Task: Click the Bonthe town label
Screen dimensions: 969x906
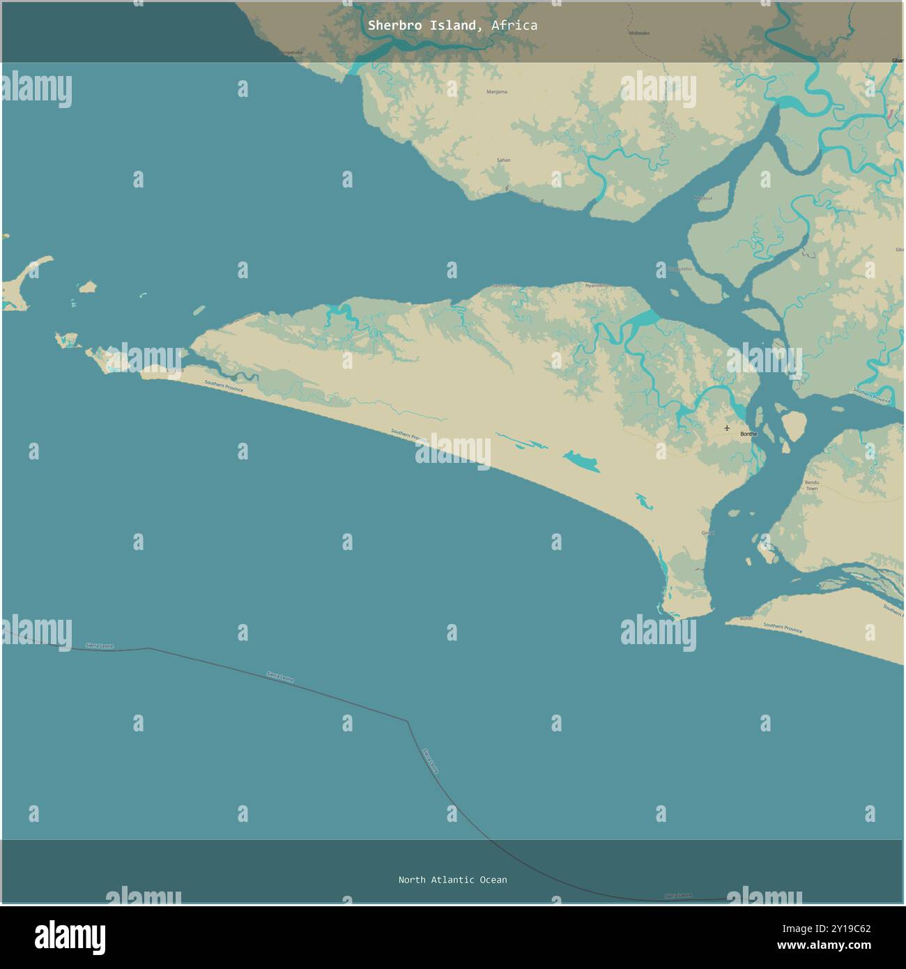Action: coord(748,434)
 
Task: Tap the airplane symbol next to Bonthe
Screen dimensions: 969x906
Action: coord(728,428)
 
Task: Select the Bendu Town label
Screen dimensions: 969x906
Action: coord(812,485)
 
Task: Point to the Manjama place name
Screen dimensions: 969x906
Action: coord(497,92)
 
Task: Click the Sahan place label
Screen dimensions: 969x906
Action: coord(503,160)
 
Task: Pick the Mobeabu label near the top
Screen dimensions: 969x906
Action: coord(639,33)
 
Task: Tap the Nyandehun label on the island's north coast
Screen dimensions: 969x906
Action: coord(598,285)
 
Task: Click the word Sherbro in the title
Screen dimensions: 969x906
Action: coord(393,26)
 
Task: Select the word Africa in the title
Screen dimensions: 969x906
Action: coord(514,26)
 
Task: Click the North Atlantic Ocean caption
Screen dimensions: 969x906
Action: coord(452,880)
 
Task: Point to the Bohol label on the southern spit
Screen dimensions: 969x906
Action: coord(746,618)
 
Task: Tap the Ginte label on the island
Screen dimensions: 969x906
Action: coord(708,533)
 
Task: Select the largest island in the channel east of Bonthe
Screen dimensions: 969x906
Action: coord(794,423)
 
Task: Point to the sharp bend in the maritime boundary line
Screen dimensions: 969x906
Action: coord(407,722)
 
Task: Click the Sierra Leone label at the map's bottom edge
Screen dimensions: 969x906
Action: coord(678,896)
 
